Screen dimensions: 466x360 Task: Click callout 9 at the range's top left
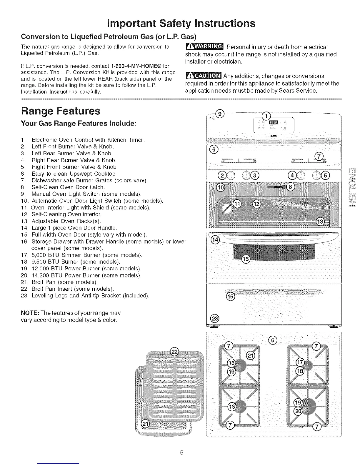pyautogui.click(x=220, y=113)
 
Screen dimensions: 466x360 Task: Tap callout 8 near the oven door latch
pyautogui.click(x=290, y=187)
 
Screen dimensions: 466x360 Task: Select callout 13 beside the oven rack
pyautogui.click(x=320, y=222)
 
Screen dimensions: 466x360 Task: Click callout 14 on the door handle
pyautogui.click(x=215, y=240)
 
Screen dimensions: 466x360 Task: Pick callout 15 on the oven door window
pyautogui.click(x=245, y=259)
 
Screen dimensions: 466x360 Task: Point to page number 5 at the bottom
pyautogui.click(x=182, y=452)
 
